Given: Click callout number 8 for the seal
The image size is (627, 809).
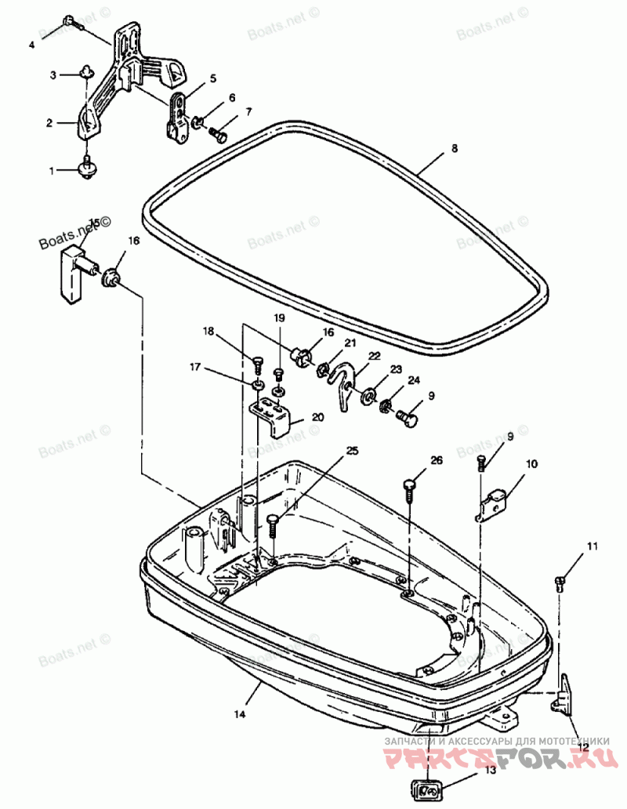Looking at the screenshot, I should pyautogui.click(x=454, y=148).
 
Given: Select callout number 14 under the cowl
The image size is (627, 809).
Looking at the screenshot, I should pyautogui.click(x=240, y=714).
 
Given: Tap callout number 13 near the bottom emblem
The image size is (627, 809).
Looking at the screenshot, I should pyautogui.click(x=490, y=793).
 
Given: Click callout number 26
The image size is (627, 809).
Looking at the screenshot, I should pyautogui.click(x=437, y=460).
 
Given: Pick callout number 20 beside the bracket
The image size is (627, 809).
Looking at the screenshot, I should pyautogui.click(x=317, y=417).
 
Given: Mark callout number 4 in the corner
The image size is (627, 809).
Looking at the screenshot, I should pyautogui.click(x=32, y=45).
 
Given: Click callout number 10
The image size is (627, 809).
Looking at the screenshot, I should pyautogui.click(x=532, y=464).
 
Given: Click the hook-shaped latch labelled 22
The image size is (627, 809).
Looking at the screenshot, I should pyautogui.click(x=342, y=385).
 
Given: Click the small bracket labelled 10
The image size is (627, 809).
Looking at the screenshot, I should pyautogui.click(x=494, y=501).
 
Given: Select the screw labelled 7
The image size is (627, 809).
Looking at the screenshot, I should pyautogui.click(x=219, y=136).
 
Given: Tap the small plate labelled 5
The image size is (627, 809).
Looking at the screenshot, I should pyautogui.click(x=178, y=117).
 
